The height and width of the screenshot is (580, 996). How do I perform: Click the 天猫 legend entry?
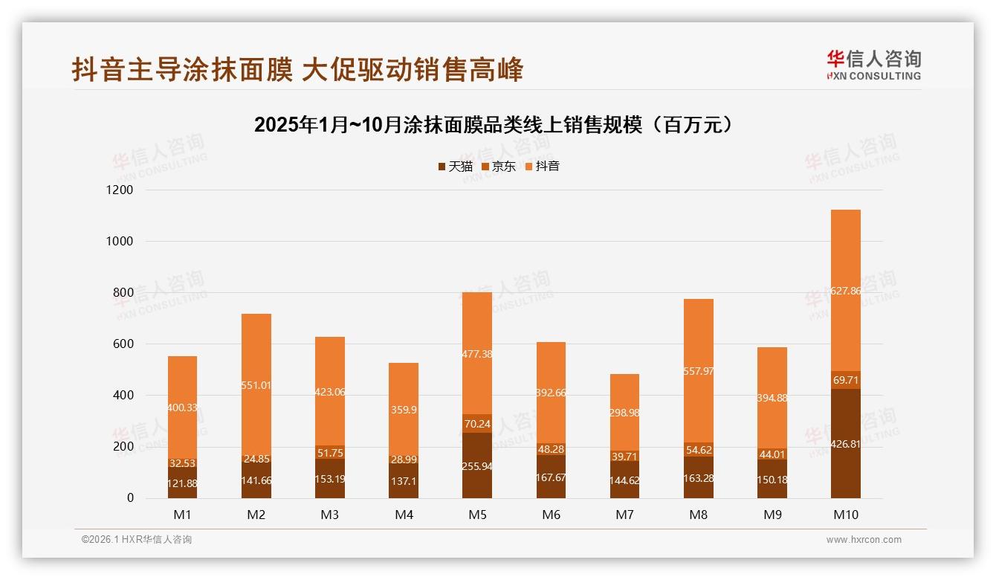tap(456, 167)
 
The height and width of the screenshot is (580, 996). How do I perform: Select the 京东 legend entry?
tap(499, 167)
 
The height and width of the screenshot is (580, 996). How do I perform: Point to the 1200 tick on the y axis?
tap(119, 190)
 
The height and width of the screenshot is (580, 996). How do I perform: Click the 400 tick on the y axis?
tap(123, 396)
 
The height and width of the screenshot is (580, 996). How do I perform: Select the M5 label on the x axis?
tap(476, 515)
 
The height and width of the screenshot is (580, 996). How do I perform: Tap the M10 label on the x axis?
tap(845, 515)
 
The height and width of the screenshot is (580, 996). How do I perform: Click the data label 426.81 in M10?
tap(845, 444)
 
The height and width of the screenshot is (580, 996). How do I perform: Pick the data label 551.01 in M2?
tap(256, 385)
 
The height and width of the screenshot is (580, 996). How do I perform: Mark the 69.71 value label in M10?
tap(845, 380)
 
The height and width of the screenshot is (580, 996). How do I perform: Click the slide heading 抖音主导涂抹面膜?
tap(297, 70)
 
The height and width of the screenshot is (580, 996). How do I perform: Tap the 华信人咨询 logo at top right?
tap(873, 65)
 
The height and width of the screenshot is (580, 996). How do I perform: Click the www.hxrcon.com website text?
tap(864, 540)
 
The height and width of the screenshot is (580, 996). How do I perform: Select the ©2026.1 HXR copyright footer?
tap(137, 540)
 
